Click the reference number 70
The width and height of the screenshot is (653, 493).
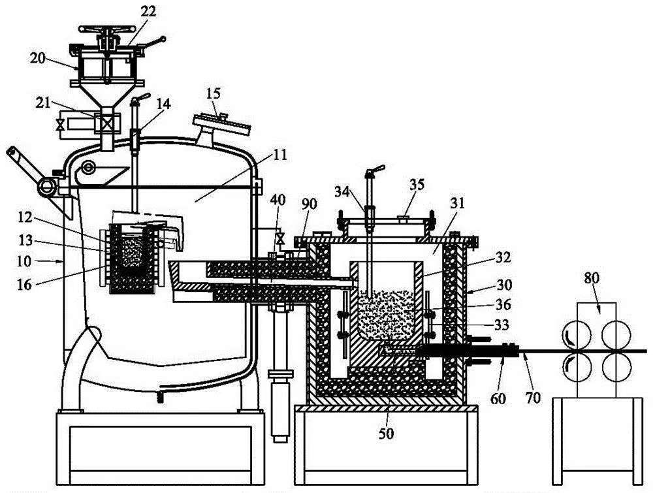(533, 396)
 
